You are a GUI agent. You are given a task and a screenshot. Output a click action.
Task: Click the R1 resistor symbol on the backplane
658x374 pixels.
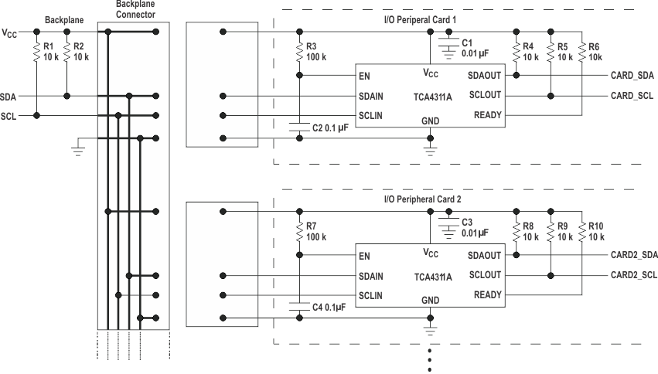coord(36,53)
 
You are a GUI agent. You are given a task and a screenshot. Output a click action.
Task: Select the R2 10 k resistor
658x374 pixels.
coord(67,53)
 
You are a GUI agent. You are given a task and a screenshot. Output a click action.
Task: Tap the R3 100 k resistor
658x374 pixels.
coord(300,52)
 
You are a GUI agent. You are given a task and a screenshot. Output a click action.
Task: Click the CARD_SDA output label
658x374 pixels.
coord(632,75)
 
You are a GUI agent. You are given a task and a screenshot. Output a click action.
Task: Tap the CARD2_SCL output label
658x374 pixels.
coord(633,275)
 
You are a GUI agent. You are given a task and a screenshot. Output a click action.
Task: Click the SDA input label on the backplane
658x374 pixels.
coord(9,97)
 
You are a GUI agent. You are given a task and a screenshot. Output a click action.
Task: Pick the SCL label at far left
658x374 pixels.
coord(9,117)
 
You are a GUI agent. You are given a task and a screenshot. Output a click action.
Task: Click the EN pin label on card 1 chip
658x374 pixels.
coord(364,76)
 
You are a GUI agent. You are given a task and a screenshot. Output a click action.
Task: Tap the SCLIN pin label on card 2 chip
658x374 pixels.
coord(371,295)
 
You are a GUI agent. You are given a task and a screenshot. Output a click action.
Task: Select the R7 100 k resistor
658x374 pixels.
coord(300,231)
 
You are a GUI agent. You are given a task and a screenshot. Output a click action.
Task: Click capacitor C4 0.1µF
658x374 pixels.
coord(300,307)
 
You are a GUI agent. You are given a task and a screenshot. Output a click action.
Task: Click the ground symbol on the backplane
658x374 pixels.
coord(77,148)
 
